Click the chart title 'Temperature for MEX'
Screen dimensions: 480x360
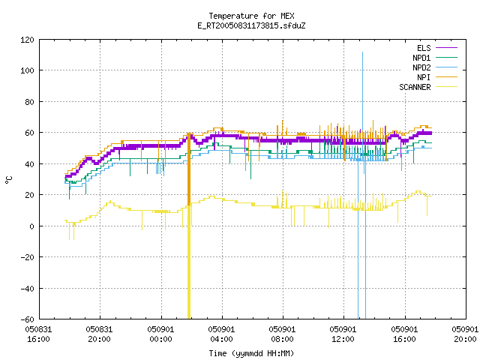pos(251,16)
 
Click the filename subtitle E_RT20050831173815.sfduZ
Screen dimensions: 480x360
pos(251,25)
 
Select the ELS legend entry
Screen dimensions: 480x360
pos(436,48)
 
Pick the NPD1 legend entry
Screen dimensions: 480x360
pos(435,58)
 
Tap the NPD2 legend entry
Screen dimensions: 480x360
pos(435,67)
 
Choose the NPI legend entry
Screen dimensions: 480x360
pos(436,77)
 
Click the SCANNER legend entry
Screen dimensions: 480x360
pos(428,87)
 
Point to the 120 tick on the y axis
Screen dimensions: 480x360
pos(27,40)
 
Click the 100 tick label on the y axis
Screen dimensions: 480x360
pos(27,70)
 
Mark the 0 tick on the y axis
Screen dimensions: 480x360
pos(31,226)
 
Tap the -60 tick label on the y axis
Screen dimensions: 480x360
pos(27,319)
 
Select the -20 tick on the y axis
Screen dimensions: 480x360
pos(27,257)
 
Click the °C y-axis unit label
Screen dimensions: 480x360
pos(9,180)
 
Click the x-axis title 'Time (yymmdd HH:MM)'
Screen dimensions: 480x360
pos(251,353)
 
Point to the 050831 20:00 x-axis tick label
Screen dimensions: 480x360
pos(99,334)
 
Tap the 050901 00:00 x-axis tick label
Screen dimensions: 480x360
pos(160,334)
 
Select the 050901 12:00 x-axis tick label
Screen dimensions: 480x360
pos(343,334)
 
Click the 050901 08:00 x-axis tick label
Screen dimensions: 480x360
pos(282,334)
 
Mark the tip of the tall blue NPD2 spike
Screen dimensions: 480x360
pos(363,52)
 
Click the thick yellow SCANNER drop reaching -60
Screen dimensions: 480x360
pos(189,262)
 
